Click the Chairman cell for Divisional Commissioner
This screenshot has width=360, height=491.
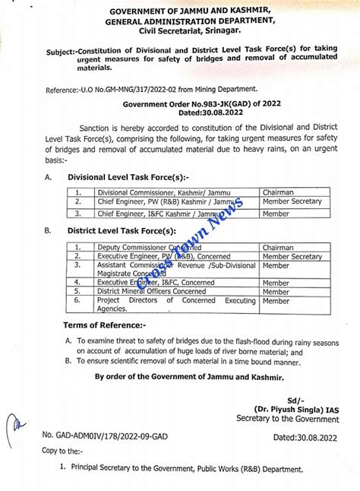coord(278,192)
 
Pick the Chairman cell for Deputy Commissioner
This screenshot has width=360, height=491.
coord(278,247)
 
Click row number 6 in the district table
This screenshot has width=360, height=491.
coord(77,300)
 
